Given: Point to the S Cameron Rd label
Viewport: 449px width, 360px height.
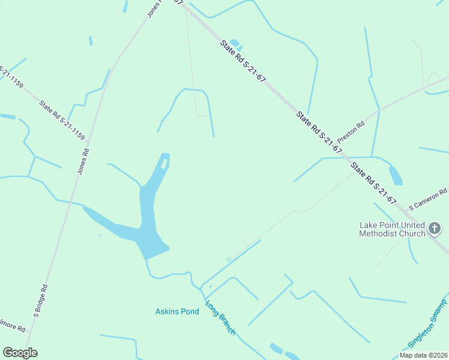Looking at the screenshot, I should (x=428, y=199).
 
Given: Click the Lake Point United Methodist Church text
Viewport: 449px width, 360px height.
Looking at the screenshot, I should (x=392, y=229).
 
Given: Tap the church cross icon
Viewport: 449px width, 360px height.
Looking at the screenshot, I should (x=435, y=229).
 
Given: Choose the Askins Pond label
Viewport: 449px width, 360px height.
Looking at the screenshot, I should (x=177, y=311).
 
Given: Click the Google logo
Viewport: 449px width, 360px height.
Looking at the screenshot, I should (x=20, y=353).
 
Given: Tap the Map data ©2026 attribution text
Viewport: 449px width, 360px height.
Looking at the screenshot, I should (x=423, y=355).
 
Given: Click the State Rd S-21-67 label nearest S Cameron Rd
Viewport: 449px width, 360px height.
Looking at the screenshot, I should (x=374, y=182).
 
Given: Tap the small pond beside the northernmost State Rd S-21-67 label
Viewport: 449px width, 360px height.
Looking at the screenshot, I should (x=235, y=43).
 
